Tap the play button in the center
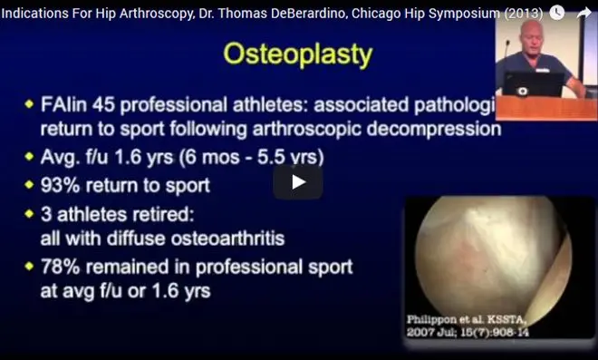pos(298,181)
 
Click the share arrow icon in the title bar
pos(584,13)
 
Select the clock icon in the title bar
pos(559,13)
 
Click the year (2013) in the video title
pos(521,13)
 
